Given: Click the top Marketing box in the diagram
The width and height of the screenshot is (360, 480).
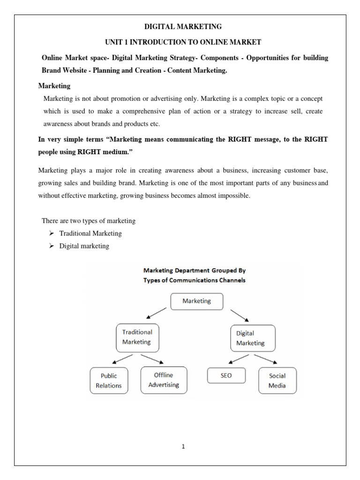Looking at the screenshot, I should coord(196,301).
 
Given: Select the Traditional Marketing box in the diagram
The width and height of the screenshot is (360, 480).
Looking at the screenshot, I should coord(137,337).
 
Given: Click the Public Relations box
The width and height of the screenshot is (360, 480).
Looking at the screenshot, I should coord(108,381).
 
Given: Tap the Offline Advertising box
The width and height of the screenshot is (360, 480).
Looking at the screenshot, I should coord(164,380).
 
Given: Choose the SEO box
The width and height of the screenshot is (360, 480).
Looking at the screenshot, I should coord(226,375).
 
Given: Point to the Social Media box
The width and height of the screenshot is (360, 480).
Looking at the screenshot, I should coord(277,381).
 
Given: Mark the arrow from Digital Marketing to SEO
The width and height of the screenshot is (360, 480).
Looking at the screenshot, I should coord(238,359).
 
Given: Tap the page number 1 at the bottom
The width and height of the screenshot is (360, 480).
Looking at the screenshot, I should coord(183,447).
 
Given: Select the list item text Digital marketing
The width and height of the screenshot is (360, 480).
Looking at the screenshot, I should coord(84,246).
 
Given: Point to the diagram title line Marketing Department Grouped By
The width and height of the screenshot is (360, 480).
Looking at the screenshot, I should coord(195,270).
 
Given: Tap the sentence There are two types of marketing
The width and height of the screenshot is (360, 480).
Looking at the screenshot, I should coord(89,221).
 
